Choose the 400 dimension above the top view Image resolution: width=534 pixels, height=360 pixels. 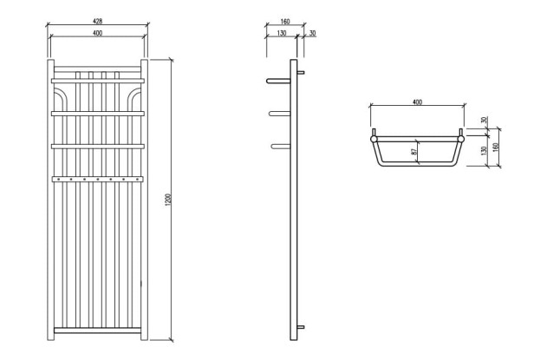click(x=417, y=102)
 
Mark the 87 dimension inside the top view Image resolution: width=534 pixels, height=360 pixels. click(x=414, y=153)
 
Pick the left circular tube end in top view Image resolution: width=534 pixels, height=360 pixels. click(x=374, y=138)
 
